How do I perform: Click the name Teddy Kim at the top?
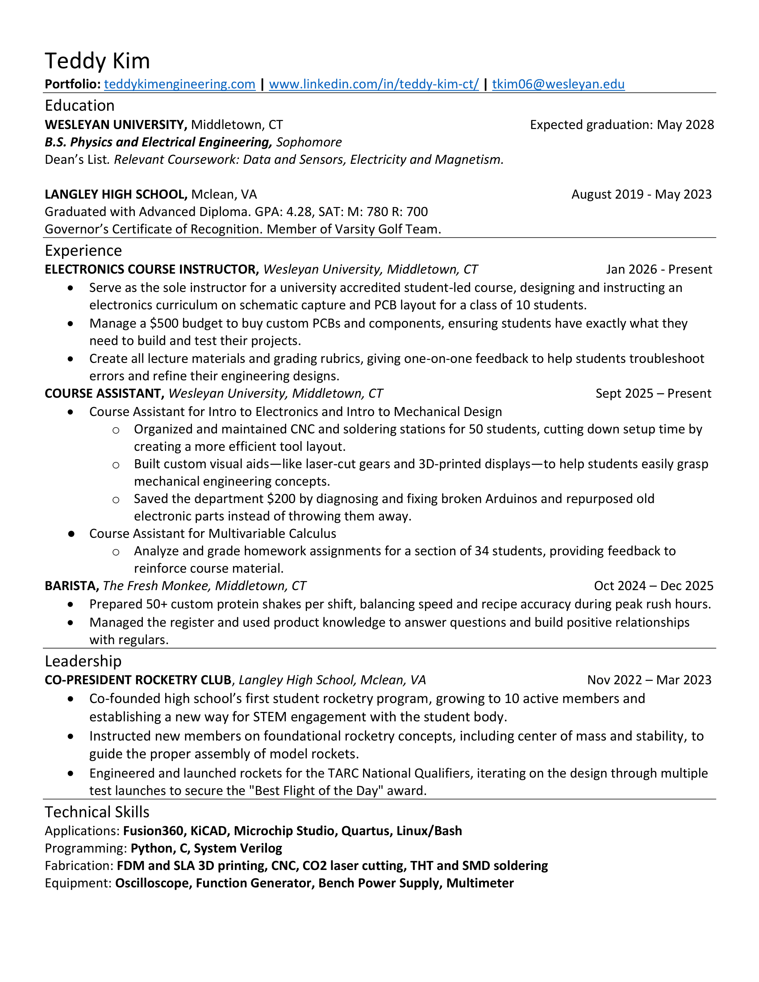[97, 61]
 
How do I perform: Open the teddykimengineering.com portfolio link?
[179, 84]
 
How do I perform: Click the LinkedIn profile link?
[374, 84]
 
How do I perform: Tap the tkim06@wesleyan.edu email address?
[558, 84]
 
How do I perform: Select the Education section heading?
[79, 105]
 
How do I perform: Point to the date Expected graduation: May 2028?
[621, 125]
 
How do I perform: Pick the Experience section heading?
[83, 250]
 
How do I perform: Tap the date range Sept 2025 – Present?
[653, 393]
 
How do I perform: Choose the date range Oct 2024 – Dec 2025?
[653, 586]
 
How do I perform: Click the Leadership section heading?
[83, 661]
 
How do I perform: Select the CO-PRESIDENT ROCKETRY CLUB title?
[138, 680]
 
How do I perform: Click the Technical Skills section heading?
[97, 812]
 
